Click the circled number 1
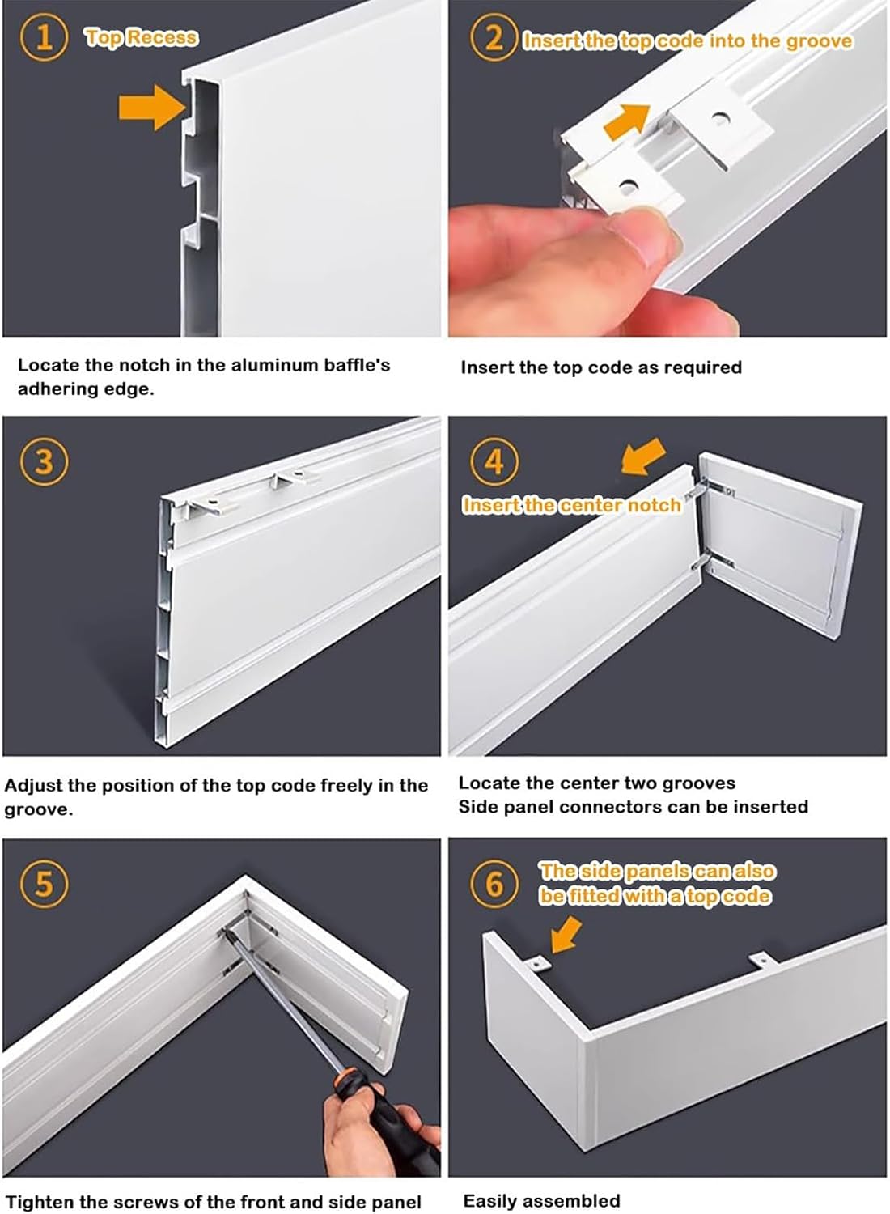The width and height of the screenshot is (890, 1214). coord(44,37)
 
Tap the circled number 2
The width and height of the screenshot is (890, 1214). coord(494,37)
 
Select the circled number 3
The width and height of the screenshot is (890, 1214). coord(44,462)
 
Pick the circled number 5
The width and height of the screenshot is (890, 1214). coord(44,884)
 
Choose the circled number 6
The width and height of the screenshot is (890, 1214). coord(494,884)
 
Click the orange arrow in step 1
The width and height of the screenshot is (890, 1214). coord(152,108)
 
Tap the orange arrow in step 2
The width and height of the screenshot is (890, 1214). coord(626,121)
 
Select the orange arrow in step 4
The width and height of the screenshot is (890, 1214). coord(643,456)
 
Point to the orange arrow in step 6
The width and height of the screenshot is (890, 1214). coord(566,936)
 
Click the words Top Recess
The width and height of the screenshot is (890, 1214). coord(142,37)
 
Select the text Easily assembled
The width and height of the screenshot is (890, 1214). coord(542,1196)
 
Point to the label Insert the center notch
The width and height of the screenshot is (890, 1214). coord(572,505)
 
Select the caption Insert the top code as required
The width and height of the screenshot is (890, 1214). coord(601,368)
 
